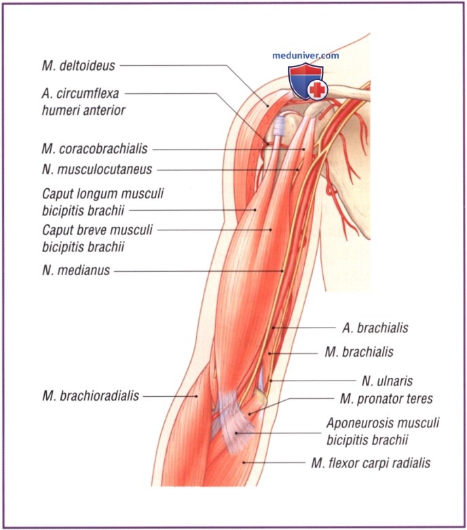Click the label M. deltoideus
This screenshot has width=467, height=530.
(x=77, y=66)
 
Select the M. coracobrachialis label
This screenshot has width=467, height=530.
(x=93, y=149)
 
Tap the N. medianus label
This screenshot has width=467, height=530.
(x=75, y=270)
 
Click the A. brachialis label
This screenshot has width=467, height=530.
(x=375, y=328)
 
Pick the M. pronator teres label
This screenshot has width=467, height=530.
(x=386, y=398)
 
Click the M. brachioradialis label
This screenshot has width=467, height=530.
(x=89, y=395)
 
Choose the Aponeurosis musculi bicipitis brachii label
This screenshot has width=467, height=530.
(x=382, y=430)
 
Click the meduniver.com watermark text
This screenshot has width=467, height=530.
(x=305, y=56)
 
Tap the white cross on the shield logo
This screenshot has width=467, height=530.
(x=316, y=89)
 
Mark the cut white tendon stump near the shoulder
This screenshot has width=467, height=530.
(x=279, y=128)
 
